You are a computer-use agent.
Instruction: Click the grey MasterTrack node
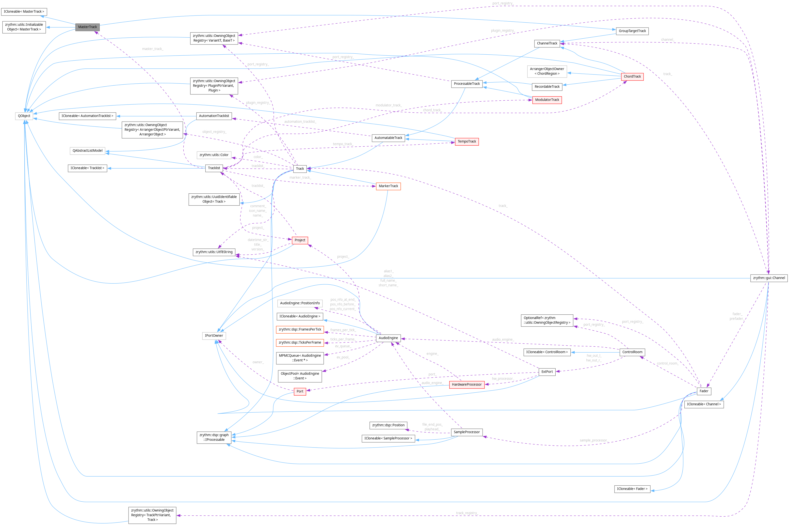(87, 27)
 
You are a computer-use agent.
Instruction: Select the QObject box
(24, 116)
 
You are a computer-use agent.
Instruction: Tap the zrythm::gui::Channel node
(769, 278)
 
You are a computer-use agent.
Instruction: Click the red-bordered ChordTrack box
(632, 77)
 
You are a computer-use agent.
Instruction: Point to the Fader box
(704, 391)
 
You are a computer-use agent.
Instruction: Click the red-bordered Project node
(300, 240)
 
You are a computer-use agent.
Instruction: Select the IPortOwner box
(214, 336)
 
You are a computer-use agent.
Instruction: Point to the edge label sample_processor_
(594, 440)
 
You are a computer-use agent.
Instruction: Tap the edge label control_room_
(667, 363)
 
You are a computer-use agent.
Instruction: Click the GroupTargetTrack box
(632, 31)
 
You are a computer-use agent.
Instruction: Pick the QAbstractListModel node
(87, 151)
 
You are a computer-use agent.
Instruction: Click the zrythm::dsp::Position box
(388, 425)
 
